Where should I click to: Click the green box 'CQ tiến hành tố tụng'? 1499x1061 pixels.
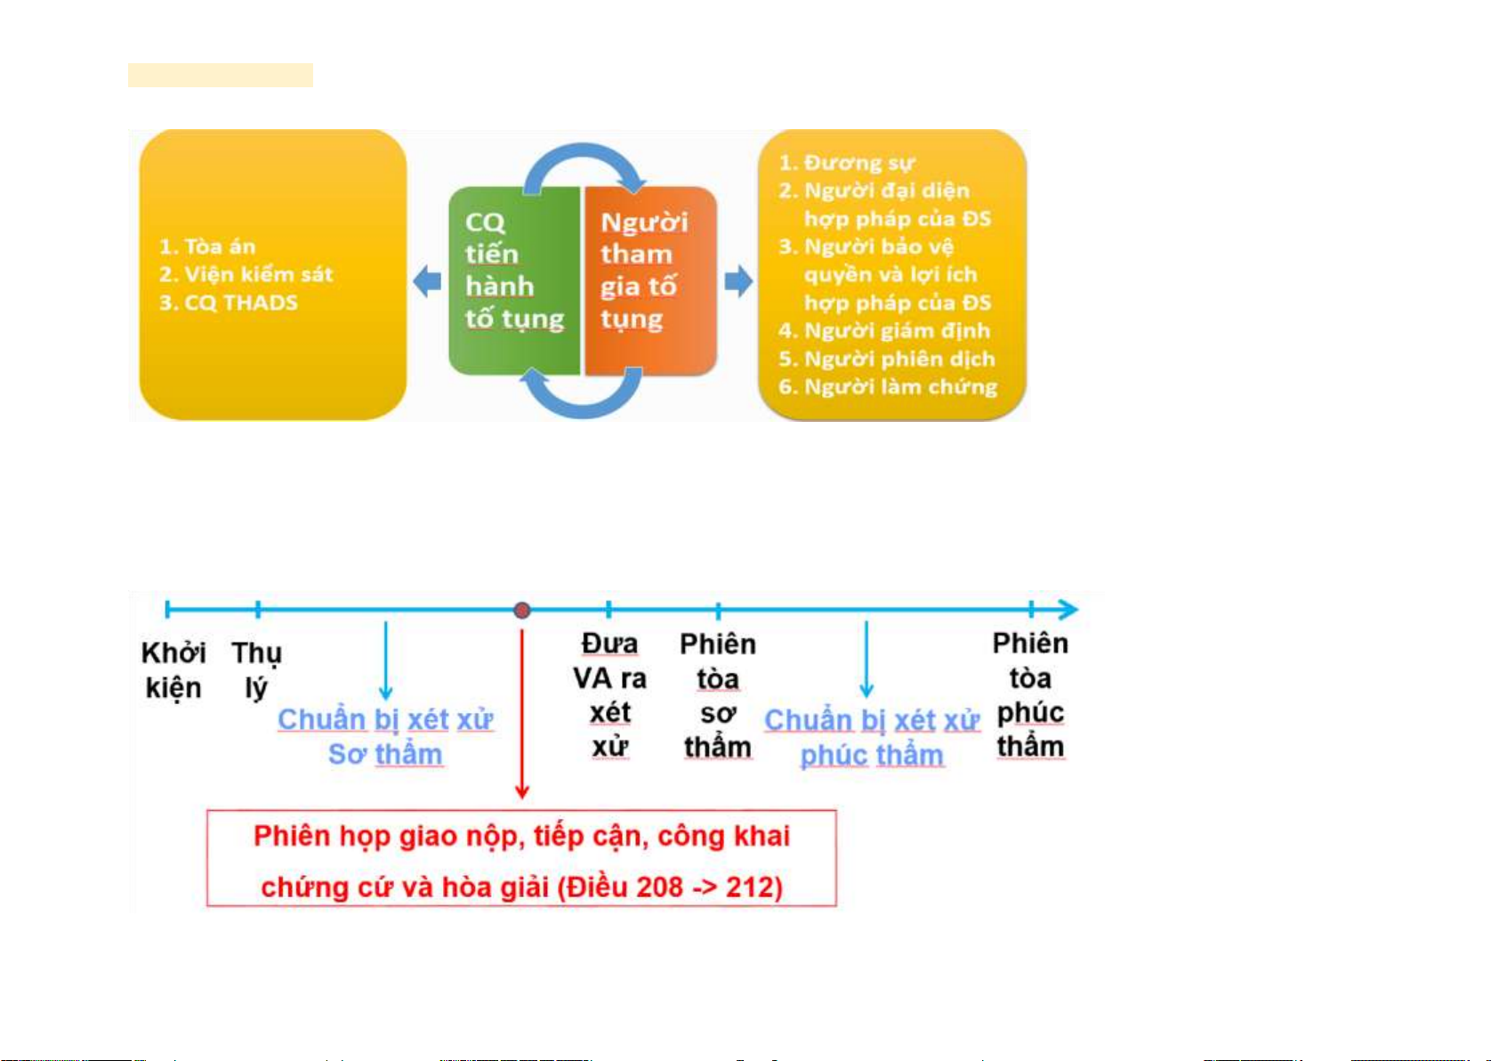[513, 279]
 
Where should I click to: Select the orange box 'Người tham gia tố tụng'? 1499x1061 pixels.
[649, 279]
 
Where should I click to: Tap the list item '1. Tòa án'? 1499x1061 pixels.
[207, 247]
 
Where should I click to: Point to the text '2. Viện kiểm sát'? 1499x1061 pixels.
[246, 274]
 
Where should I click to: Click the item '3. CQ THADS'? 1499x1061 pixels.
[229, 303]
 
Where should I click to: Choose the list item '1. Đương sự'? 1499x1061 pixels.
[846, 163]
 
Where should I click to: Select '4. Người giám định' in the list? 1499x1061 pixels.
[884, 331]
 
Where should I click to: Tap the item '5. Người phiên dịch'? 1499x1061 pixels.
[887, 359]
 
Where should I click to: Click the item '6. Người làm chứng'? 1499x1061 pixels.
[888, 387]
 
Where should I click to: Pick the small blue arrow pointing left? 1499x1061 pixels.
[428, 282]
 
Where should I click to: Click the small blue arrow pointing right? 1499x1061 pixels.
[738, 282]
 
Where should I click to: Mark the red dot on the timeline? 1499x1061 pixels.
[522, 610]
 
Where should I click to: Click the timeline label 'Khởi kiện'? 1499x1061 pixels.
[173, 670]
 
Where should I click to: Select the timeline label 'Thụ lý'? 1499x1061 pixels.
[256, 670]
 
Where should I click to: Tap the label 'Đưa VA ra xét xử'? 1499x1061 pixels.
[609, 694]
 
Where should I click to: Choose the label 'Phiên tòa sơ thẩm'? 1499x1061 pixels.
[718, 695]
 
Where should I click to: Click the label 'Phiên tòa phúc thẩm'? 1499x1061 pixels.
[1030, 694]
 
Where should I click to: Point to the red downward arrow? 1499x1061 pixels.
[522, 712]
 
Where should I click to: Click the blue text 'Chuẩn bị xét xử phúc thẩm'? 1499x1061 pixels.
[872, 737]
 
